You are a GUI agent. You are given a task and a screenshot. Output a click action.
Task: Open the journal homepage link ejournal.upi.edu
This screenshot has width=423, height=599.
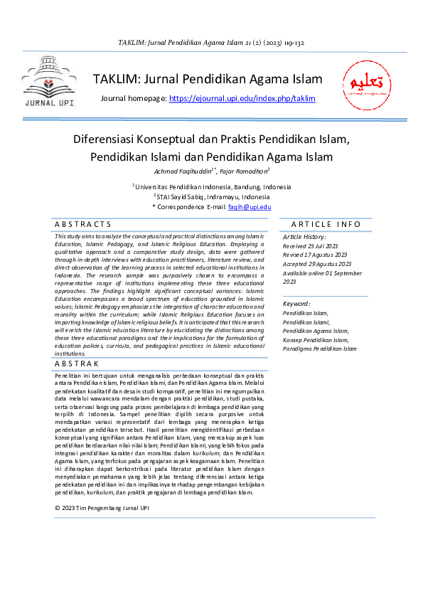(x=242, y=99)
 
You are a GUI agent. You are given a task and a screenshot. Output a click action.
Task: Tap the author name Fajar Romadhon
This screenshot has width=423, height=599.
(x=243, y=171)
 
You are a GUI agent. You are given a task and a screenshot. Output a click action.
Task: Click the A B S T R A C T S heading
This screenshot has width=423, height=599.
(x=83, y=224)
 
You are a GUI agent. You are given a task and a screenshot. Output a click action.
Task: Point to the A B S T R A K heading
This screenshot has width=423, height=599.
(x=78, y=364)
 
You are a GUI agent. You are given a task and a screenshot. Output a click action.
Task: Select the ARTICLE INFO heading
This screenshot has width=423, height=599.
(x=326, y=224)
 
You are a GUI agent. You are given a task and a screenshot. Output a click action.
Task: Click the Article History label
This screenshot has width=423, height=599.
(x=305, y=237)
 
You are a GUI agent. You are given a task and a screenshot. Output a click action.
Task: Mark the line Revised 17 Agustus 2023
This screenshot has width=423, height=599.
(x=314, y=255)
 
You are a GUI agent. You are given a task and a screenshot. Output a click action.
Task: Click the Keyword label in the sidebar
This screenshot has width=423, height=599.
(x=296, y=304)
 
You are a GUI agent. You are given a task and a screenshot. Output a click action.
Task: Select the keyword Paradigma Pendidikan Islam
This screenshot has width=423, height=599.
(x=320, y=349)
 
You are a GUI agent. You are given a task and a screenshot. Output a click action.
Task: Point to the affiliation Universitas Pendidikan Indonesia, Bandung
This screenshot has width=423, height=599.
(x=213, y=186)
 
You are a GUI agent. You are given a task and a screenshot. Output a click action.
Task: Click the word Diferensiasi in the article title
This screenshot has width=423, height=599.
(x=113, y=139)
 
